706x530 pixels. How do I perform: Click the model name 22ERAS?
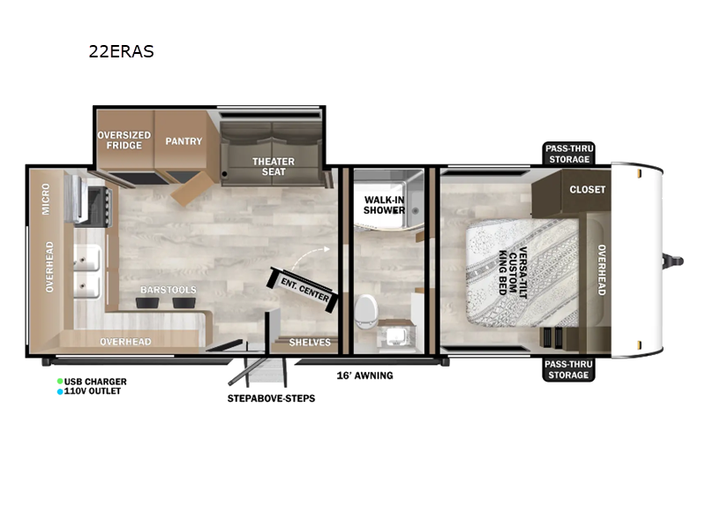[121, 51]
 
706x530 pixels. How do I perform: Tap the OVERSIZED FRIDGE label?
[124, 140]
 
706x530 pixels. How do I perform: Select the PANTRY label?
[184, 140]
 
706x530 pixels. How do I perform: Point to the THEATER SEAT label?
[274, 167]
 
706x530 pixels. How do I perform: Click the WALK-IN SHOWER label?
[385, 205]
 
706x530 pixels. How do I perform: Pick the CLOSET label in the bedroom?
[588, 190]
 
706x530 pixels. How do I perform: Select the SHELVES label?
[309, 342]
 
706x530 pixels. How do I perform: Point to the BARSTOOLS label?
[168, 290]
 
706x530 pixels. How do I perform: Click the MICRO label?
[46, 200]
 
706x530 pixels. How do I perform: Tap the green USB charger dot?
[60, 382]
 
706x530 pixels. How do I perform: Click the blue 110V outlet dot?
[60, 390]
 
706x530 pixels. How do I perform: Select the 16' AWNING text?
[364, 375]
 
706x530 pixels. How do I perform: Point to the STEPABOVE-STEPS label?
[271, 398]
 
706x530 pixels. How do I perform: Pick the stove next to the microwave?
[95, 200]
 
